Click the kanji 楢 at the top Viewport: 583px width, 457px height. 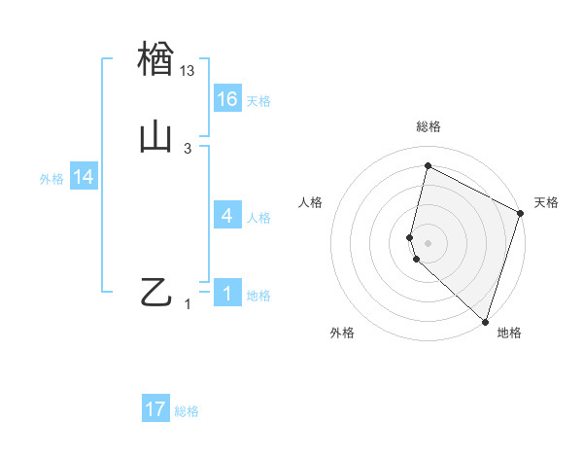coord(155,58)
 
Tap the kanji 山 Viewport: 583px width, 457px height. coord(155,137)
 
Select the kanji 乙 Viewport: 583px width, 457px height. coord(155,293)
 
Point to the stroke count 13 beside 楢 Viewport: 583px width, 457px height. coord(188,70)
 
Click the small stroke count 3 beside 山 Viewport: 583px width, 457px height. coord(188,148)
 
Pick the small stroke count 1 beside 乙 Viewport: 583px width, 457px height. coord(188,304)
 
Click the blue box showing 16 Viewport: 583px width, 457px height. coord(227,99)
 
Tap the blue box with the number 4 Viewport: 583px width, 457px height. coord(227,216)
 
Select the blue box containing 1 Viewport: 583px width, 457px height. coord(227,294)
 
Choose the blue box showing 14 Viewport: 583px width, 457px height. coord(84,177)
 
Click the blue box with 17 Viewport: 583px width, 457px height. coord(155,409)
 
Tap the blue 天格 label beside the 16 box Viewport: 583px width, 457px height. coord(258,101)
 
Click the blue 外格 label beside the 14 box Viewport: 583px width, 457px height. coord(51,179)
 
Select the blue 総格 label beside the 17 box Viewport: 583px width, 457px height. coord(187,411)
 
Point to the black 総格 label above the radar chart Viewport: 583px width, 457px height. coord(428,126)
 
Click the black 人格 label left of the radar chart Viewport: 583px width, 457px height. coord(311,202)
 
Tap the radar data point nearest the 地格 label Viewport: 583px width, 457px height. coord(485,321)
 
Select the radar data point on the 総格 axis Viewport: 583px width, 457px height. coord(428,165)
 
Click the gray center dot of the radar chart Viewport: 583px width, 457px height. coord(428,242)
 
